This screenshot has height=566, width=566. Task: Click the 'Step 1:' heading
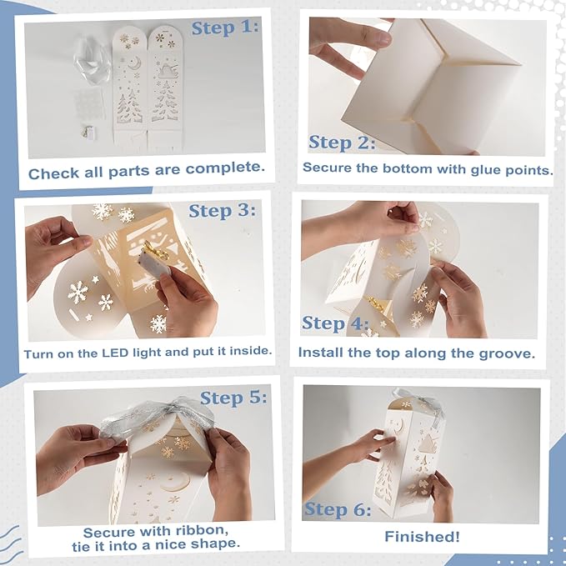pos(225,28)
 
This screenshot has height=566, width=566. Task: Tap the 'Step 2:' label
pos(342,143)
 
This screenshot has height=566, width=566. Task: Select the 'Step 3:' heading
pos(223,211)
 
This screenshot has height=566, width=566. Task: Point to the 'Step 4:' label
pos(335,323)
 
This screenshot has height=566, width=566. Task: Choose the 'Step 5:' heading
pos(233,398)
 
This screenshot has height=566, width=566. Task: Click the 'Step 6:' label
pos(338,509)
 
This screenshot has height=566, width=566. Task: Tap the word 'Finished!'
pos(422,536)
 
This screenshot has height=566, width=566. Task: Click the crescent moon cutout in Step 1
pos(133,63)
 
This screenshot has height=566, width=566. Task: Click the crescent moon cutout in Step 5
pos(176,483)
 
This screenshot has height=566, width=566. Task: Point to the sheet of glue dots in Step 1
pos(89,105)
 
